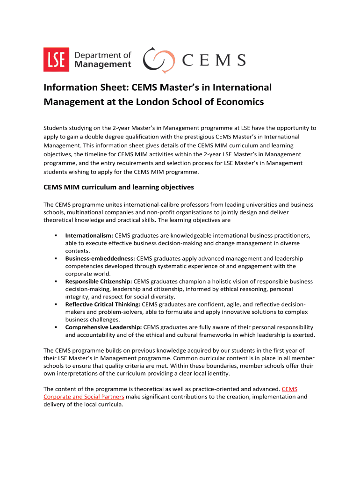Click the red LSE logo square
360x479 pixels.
[x=56, y=60]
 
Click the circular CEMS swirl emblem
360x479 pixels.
[x=159, y=60]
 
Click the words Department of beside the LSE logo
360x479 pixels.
[x=102, y=55]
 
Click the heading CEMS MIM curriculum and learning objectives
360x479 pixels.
[x=118, y=187]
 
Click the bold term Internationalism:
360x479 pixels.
[x=89, y=236]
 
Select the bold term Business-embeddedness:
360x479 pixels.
[x=100, y=259]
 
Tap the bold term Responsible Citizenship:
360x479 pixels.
[x=99, y=282]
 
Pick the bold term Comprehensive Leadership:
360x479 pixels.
[x=103, y=327]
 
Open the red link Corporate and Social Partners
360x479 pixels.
[x=84, y=397]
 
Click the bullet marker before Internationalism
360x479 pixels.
[x=55, y=236]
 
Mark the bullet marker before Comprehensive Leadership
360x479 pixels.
[x=55, y=327]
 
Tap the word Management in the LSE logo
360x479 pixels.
[x=103, y=65]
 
